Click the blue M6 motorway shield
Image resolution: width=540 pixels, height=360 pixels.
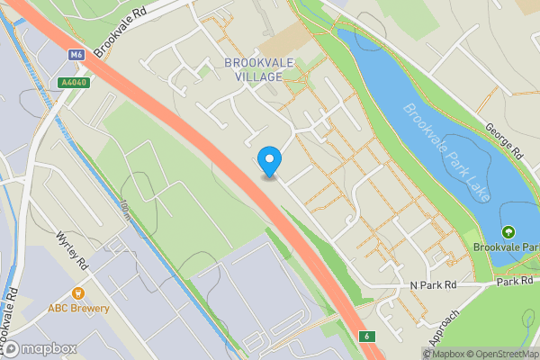pyautogui.click(x=76, y=55)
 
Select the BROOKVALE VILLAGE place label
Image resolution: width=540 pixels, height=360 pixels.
pyautogui.click(x=254, y=69)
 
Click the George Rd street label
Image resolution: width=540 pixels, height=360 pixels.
pyautogui.click(x=505, y=141)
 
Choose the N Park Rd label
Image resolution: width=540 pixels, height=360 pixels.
pyautogui.click(x=433, y=284)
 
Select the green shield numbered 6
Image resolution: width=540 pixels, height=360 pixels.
pyautogui.click(x=367, y=337)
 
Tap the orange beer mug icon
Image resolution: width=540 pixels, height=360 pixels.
pyautogui.click(x=78, y=292)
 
